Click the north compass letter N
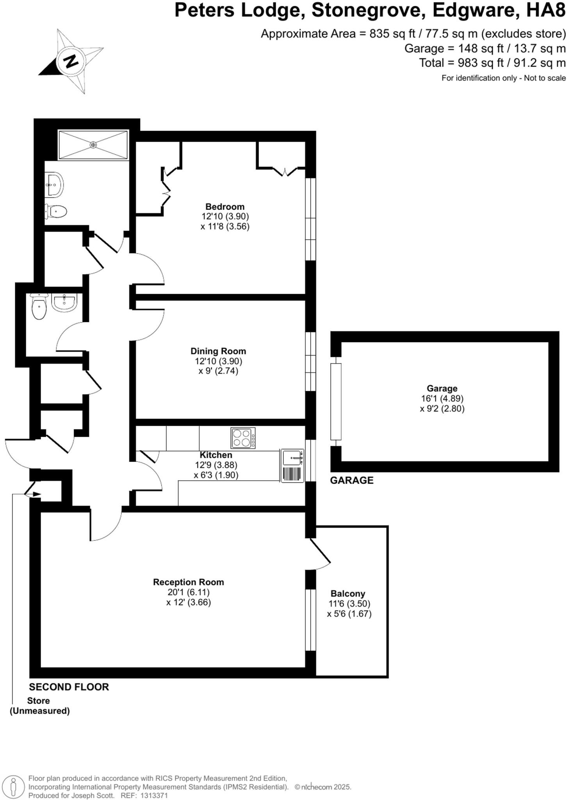pyautogui.click(x=71, y=61)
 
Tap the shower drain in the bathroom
pyautogui.click(x=93, y=145)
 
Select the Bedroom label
pyautogui.click(x=225, y=207)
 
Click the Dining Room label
pyautogui.click(x=218, y=351)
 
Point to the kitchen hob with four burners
pyautogui.click(x=243, y=438)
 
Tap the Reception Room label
pyautogui.click(x=188, y=582)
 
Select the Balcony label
pyautogui.click(x=348, y=594)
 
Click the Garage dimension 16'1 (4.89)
pyautogui.click(x=442, y=399)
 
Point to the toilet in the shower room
pyautogui.click(x=56, y=212)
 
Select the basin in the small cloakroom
pyautogui.click(x=64, y=303)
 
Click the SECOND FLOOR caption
pyautogui.click(x=69, y=687)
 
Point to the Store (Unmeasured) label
pyautogui.click(x=39, y=706)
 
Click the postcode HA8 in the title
pyautogui.click(x=546, y=11)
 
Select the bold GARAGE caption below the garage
pyautogui.click(x=351, y=480)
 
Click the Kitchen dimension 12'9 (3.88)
pyautogui.click(x=216, y=465)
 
